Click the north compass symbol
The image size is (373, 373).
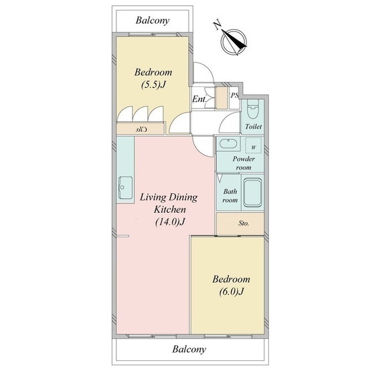tap(234, 43)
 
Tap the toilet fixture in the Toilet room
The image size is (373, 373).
tap(252, 109)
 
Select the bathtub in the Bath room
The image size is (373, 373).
tap(252, 192)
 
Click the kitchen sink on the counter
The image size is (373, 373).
tap(125, 188)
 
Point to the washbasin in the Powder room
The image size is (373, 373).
tap(228, 144)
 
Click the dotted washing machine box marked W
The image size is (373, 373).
tap(254, 145)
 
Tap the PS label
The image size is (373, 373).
tap(234, 96)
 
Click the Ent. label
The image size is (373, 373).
tap(199, 99)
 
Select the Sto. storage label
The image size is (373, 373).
tap(244, 223)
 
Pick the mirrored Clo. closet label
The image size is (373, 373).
tap(141, 129)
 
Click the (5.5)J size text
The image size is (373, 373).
tap(153, 85)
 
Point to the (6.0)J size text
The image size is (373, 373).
tap(231, 291)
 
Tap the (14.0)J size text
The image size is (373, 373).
tap(170, 222)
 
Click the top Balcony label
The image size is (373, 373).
tap(153, 20)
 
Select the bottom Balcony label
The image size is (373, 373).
tap(189, 350)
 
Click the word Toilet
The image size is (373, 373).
tap(254, 126)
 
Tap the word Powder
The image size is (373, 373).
tap(244, 159)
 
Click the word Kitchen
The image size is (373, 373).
tap(170, 210)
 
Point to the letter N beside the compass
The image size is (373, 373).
tap(217, 26)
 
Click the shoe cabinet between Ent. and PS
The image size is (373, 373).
tap(221, 97)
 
